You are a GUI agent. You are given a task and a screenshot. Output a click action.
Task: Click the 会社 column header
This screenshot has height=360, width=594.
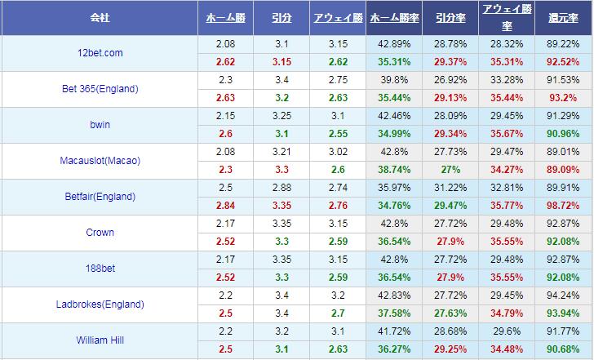(100, 17)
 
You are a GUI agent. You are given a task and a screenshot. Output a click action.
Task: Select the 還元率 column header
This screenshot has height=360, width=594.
(564, 17)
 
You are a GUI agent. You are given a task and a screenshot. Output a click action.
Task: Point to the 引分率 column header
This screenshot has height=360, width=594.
(450, 17)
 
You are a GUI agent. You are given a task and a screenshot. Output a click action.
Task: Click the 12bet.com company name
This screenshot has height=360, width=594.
(100, 53)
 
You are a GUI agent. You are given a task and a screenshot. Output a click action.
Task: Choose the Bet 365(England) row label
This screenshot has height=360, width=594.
(100, 89)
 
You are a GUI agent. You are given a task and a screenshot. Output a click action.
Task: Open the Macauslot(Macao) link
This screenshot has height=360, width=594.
(100, 161)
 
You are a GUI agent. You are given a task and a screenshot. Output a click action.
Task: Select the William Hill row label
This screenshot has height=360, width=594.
(100, 340)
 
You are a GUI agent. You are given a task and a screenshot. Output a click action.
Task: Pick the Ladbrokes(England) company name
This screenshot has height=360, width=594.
(100, 304)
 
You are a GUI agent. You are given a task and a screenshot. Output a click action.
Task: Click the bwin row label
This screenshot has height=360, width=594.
(100, 125)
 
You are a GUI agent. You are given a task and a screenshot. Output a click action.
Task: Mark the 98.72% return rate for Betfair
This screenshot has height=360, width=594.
(564, 206)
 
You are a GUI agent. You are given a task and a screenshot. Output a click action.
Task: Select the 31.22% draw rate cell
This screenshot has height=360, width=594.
(450, 188)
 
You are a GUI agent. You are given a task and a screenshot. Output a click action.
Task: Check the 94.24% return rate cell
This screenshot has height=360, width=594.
(564, 296)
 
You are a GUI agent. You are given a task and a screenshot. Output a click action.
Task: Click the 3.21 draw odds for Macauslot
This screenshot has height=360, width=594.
(281, 152)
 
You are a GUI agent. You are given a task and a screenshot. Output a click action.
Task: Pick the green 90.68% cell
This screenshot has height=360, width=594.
(564, 349)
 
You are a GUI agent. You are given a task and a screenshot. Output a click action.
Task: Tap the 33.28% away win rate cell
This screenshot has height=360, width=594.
(507, 80)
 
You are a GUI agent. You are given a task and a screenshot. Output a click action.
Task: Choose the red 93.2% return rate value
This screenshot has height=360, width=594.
(564, 98)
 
